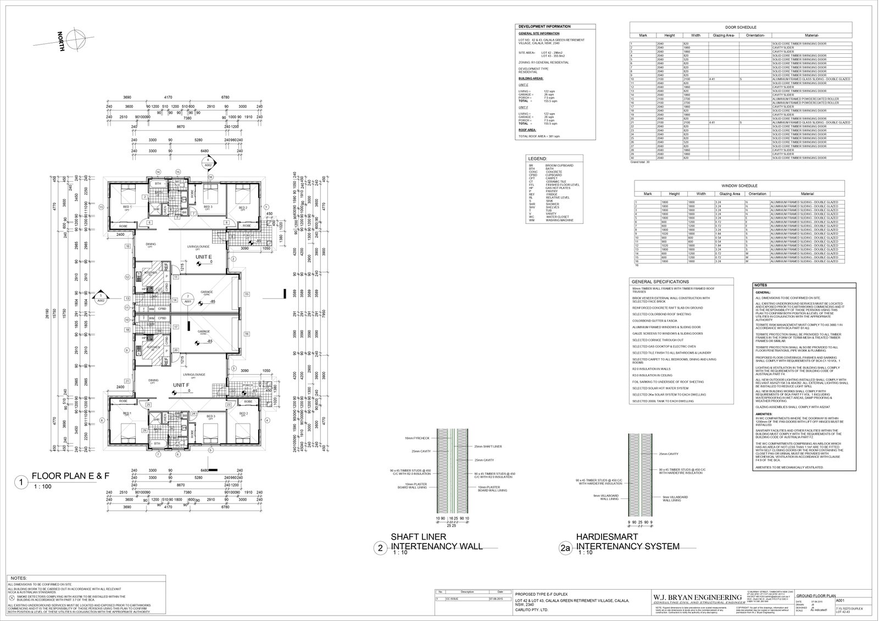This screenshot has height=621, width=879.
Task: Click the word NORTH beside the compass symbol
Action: click(62, 42)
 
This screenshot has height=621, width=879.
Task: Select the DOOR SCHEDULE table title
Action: click(741, 27)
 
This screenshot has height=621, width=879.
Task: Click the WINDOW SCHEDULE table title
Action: click(740, 186)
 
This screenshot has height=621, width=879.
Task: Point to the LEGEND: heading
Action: click(537, 158)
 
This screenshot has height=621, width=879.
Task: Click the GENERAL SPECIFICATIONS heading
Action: click(660, 281)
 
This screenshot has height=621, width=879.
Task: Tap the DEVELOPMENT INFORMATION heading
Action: click(544, 26)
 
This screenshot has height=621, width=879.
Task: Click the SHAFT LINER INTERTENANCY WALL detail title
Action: click(436, 541)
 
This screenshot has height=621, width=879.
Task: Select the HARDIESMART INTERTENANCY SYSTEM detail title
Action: click(627, 541)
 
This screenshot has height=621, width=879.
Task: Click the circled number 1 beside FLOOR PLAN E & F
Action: click(20, 483)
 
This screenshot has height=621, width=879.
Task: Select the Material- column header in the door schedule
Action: click(811, 35)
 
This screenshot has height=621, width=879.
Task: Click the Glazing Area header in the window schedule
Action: click(730, 193)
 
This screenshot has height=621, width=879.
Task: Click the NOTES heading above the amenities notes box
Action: click(761, 285)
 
